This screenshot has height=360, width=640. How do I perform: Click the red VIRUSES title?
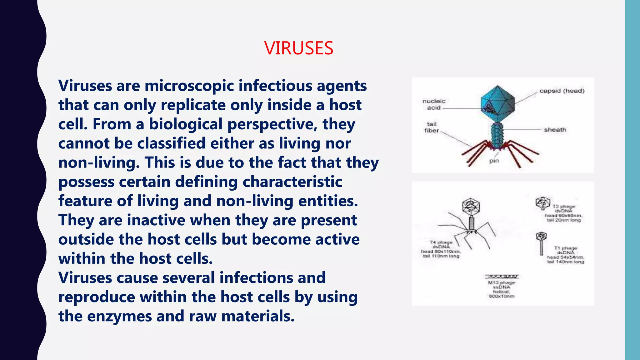pyautogui.click(x=299, y=48)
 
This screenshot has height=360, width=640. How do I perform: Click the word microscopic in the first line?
pyautogui.click(x=189, y=86)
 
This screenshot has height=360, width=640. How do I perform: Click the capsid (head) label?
pyautogui.click(x=562, y=91)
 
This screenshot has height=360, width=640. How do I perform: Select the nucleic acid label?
pyautogui.click(x=434, y=104)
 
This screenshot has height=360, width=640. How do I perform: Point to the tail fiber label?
pyautogui.click(x=432, y=127)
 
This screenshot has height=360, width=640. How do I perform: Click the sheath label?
pyautogui.click(x=555, y=130)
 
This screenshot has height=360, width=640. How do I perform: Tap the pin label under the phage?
pyautogui.click(x=494, y=161)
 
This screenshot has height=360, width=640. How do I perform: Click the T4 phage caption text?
pyautogui.click(x=441, y=249)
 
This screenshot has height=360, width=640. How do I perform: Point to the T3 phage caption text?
pyautogui.click(x=563, y=213)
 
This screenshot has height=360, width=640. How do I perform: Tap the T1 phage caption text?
pyautogui.click(x=565, y=255)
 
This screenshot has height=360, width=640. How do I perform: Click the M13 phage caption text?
pyautogui.click(x=502, y=289)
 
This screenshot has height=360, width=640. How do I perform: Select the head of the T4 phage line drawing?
pyautogui.click(x=471, y=207)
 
